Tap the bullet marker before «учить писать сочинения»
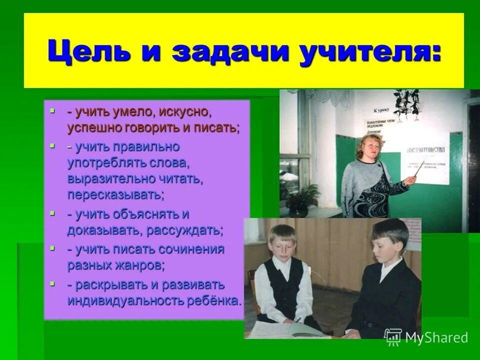[x=52, y=248]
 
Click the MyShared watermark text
[x=435, y=337]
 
